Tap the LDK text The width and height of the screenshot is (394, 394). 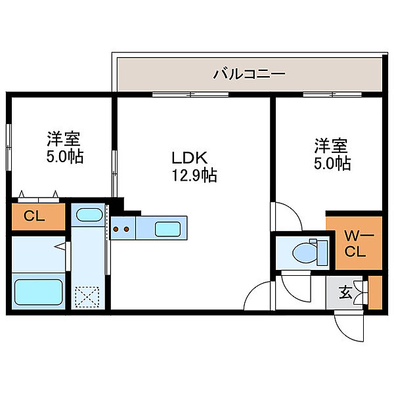tap(190, 158)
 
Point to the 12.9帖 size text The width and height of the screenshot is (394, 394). tap(194, 175)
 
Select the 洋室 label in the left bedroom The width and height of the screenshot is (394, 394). tap(63, 139)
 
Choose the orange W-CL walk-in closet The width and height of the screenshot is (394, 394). tap(354, 242)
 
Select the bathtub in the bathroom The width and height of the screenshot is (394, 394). tap(39, 290)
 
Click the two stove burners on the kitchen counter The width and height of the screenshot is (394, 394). tap(121, 230)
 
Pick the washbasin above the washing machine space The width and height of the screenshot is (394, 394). tap(87, 215)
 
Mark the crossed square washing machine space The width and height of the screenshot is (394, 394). tap(87, 296)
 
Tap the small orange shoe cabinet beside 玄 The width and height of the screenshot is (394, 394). tap(375, 293)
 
